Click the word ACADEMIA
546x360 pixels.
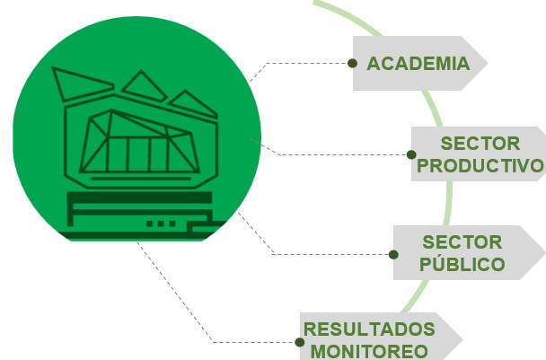coord(418,64)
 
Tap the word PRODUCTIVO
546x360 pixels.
coord(480,166)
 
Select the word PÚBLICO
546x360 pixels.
coord(462,264)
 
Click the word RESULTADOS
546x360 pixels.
coord(369,329)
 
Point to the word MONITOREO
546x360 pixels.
coord(369,351)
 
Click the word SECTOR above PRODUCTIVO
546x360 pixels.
coord(480,144)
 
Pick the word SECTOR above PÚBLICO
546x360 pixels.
coord(462,242)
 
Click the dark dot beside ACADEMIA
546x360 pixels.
coord(352,64)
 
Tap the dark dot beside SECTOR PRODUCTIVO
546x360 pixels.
coord(411,154)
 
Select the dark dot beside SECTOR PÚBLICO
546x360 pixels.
coord(393,254)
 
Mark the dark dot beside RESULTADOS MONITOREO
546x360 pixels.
coord(299,342)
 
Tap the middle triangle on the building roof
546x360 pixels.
coord(142,86)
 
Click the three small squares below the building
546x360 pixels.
coord(161,224)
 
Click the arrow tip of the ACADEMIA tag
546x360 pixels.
coord(487,64)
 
